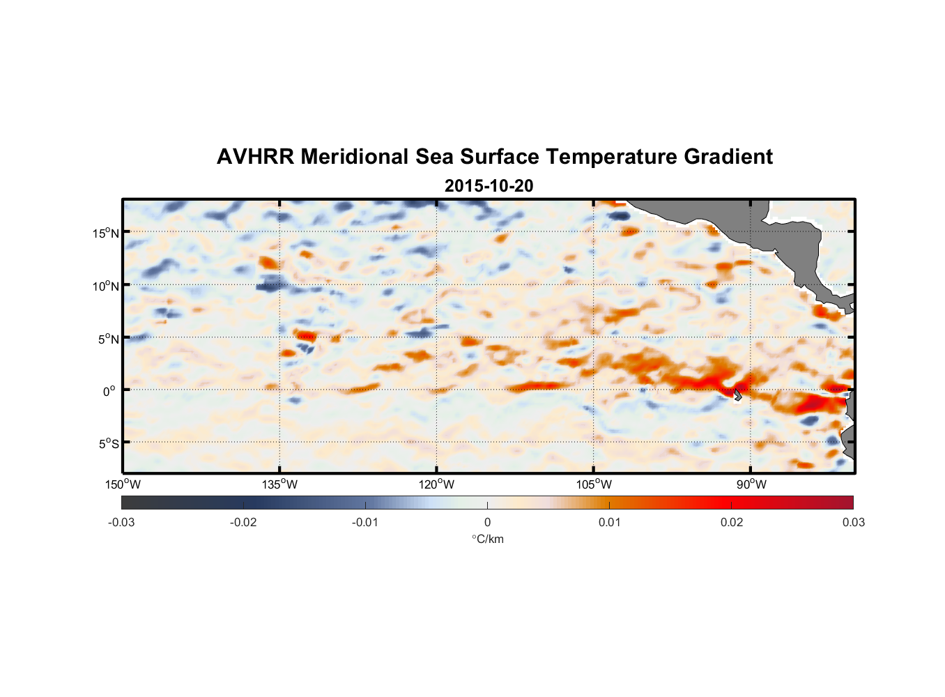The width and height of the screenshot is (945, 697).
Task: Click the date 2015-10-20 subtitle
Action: pyautogui.click(x=489, y=186)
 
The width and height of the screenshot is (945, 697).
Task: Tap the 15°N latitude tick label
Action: pyautogui.click(x=105, y=233)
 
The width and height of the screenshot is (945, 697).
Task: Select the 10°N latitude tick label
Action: pyautogui.click(x=105, y=286)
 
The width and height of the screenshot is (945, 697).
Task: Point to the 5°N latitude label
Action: pyautogui.click(x=107, y=339)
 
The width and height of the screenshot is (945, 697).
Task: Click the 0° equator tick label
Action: pyautogui.click(x=109, y=391)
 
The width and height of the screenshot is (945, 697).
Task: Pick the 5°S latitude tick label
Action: pyautogui.click(x=107, y=443)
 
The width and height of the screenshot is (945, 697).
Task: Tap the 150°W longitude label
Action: pyautogui.click(x=123, y=484)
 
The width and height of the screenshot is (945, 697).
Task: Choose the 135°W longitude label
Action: pyautogui.click(x=279, y=484)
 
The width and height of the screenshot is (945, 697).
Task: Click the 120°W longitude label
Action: pyautogui.click(x=436, y=484)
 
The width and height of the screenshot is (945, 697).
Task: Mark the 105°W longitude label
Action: pyautogui.click(x=594, y=484)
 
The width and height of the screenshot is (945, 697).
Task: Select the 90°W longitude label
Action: pyautogui.click(x=751, y=484)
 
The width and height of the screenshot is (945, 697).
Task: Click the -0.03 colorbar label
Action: pyautogui.click(x=121, y=523)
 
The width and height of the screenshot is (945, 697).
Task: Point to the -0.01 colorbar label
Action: pyautogui.click(x=365, y=523)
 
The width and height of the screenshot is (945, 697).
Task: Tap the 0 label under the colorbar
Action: pyautogui.click(x=487, y=523)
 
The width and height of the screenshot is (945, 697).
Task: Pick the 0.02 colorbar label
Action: pyautogui.click(x=732, y=523)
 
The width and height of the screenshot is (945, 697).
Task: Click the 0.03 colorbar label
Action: pyautogui.click(x=853, y=523)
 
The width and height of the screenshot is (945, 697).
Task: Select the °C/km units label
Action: pyautogui.click(x=487, y=539)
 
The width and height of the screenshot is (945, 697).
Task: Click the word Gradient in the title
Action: pyautogui.click(x=728, y=157)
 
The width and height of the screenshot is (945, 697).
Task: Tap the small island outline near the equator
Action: pyautogui.click(x=737, y=395)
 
